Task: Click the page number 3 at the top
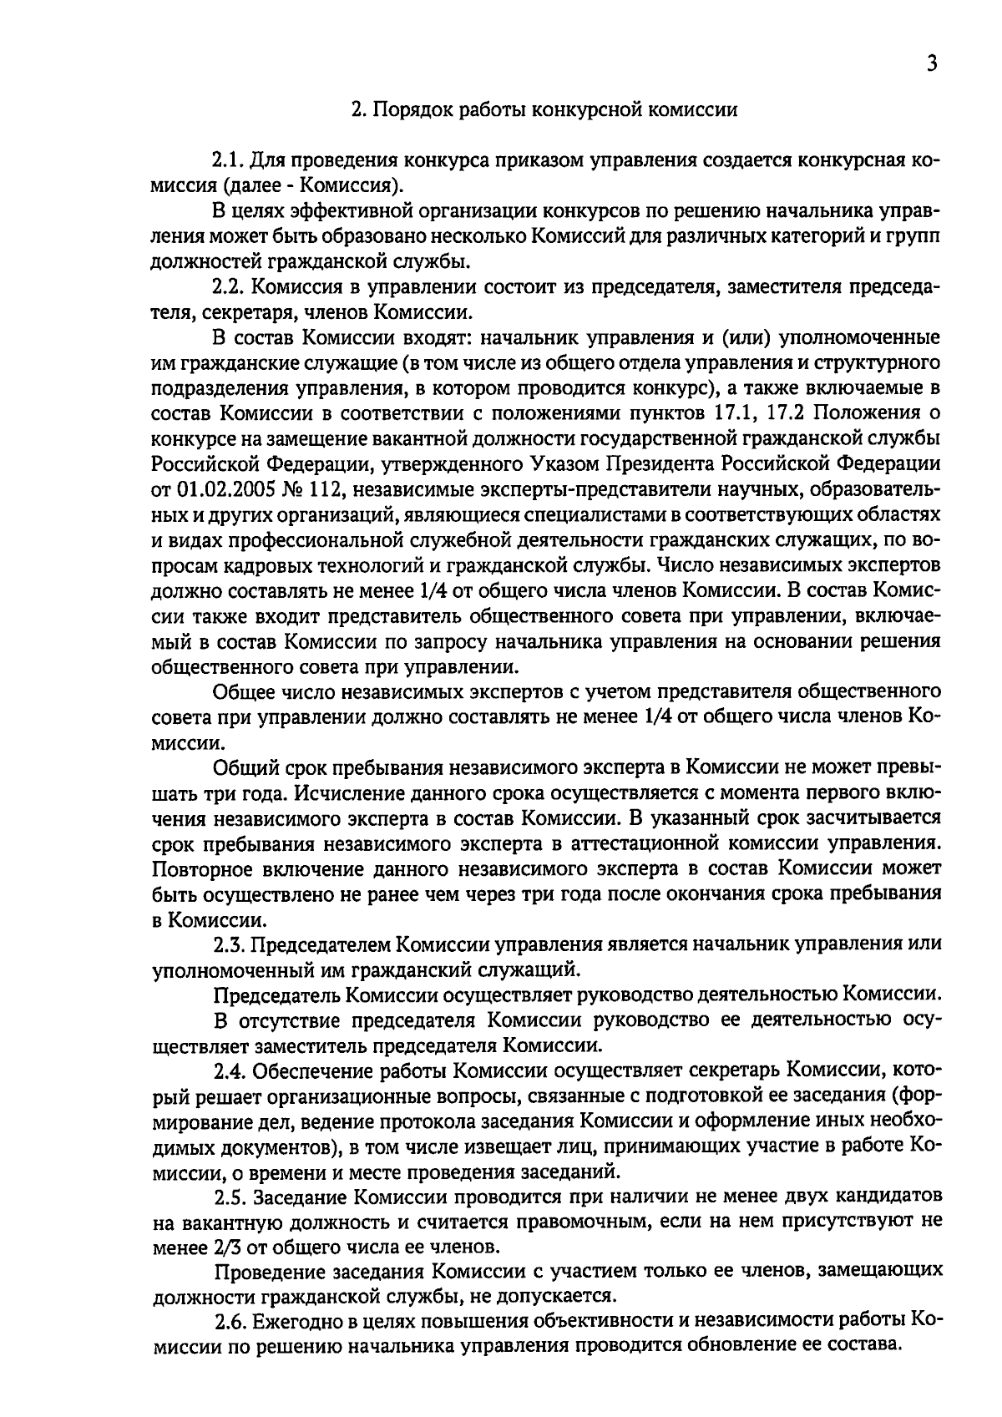pyautogui.click(x=932, y=64)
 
